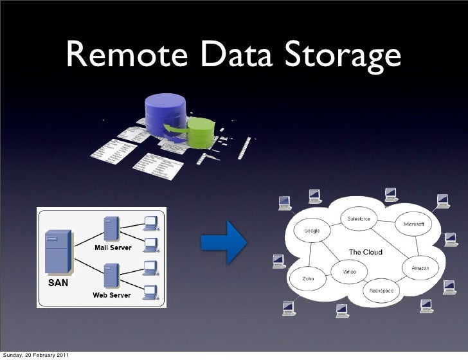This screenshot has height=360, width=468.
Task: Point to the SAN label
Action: pos(59,282)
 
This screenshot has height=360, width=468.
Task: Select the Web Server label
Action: pos(113,295)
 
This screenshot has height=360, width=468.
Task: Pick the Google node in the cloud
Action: pos(307,231)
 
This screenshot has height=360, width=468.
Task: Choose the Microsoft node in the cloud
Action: pos(413,224)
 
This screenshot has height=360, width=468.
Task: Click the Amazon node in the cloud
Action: pos(420,266)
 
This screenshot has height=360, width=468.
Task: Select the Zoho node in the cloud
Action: pos(308,279)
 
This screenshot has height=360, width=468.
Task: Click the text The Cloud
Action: pos(365,252)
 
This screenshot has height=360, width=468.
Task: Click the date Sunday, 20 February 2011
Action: pos(37,355)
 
